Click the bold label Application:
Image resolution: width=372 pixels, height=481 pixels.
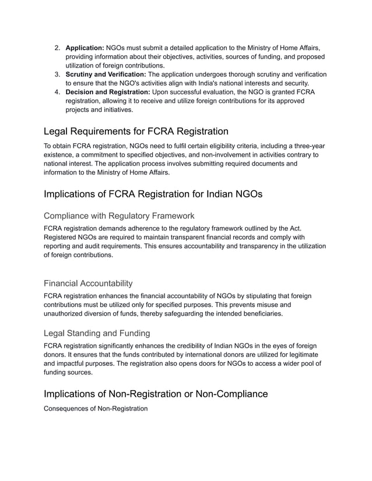pos(85,47)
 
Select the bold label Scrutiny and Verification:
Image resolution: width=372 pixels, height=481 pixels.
pos(106,74)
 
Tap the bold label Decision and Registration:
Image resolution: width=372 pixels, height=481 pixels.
pos(108,92)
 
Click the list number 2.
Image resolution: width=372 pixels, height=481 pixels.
pos(57,47)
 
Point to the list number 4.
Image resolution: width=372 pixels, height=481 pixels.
pos(57,92)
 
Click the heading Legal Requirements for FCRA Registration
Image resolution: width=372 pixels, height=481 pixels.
pos(136,131)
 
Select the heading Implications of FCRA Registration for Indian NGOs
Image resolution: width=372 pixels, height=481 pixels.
pos(153,194)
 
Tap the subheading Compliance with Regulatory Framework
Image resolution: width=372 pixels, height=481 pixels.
pos(119,215)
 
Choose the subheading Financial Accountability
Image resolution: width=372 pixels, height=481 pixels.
pos(88,284)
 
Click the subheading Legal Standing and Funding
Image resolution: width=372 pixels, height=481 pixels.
pos(97,333)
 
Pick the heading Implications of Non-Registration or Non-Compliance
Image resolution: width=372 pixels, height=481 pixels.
pos(156,394)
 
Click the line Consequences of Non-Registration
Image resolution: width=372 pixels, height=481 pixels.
pos(96,409)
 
